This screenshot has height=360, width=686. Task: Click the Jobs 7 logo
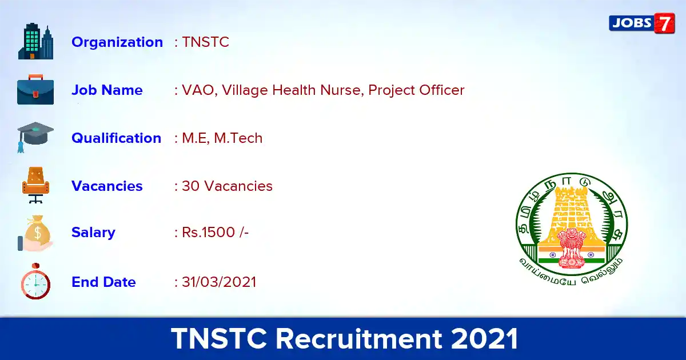click(x=642, y=23)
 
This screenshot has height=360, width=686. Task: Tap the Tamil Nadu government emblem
click(x=572, y=229)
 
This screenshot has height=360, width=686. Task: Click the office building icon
click(x=35, y=41)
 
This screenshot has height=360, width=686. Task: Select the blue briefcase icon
click(x=35, y=89)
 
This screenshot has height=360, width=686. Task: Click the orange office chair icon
click(x=36, y=185)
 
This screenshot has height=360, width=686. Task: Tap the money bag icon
click(x=35, y=233)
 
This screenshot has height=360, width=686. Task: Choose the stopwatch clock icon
click(x=35, y=281)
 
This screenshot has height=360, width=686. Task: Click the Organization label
click(x=117, y=42)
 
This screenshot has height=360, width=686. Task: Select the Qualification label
click(x=117, y=138)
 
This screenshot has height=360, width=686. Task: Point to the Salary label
click(x=93, y=233)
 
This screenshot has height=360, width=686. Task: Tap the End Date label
click(x=103, y=282)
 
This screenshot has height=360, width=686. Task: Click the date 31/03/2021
click(x=219, y=282)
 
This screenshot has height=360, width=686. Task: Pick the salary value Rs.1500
click(x=208, y=233)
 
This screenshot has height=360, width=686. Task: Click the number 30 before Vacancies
click(x=190, y=186)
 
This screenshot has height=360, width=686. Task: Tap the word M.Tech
click(x=238, y=138)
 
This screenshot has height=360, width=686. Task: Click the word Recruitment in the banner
click(x=359, y=338)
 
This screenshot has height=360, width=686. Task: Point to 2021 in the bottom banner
click(x=484, y=338)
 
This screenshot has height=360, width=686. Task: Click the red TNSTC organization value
click(x=205, y=42)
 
